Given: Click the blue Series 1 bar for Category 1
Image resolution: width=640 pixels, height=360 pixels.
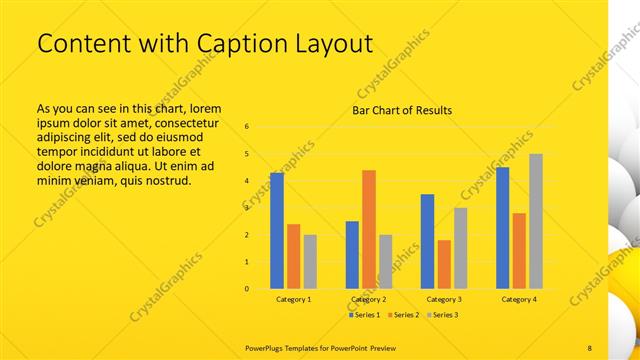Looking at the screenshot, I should pos(277,231).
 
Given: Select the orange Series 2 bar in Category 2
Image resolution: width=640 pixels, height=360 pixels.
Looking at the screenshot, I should pos(369,229).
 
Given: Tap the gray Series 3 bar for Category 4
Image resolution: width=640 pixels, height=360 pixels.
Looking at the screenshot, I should pos(536,221).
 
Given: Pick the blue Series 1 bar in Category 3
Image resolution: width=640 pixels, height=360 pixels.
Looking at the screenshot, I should pos(427,241).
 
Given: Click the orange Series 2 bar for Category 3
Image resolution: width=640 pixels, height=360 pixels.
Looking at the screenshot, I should pos(444,264).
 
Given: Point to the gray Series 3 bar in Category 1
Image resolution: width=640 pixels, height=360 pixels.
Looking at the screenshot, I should pos(310,262).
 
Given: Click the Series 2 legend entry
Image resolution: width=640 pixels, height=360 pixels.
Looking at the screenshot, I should pos(405,315).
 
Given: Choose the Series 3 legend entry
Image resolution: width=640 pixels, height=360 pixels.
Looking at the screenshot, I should pos(444,315).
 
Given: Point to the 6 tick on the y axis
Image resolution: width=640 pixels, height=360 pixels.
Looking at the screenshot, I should pos(247,127).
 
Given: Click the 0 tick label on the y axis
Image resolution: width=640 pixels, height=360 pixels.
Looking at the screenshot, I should pos(247,289).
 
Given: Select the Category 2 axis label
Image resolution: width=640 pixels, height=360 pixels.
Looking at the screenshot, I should pos(370,300).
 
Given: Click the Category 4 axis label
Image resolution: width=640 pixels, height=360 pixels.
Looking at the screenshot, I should pos(519,300).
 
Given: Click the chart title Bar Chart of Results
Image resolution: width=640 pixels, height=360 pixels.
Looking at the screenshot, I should pos(402,110).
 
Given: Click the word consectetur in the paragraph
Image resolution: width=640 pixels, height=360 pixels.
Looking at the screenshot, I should pos(189,121).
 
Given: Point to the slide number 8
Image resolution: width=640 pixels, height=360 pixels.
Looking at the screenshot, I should pos(590,347).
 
